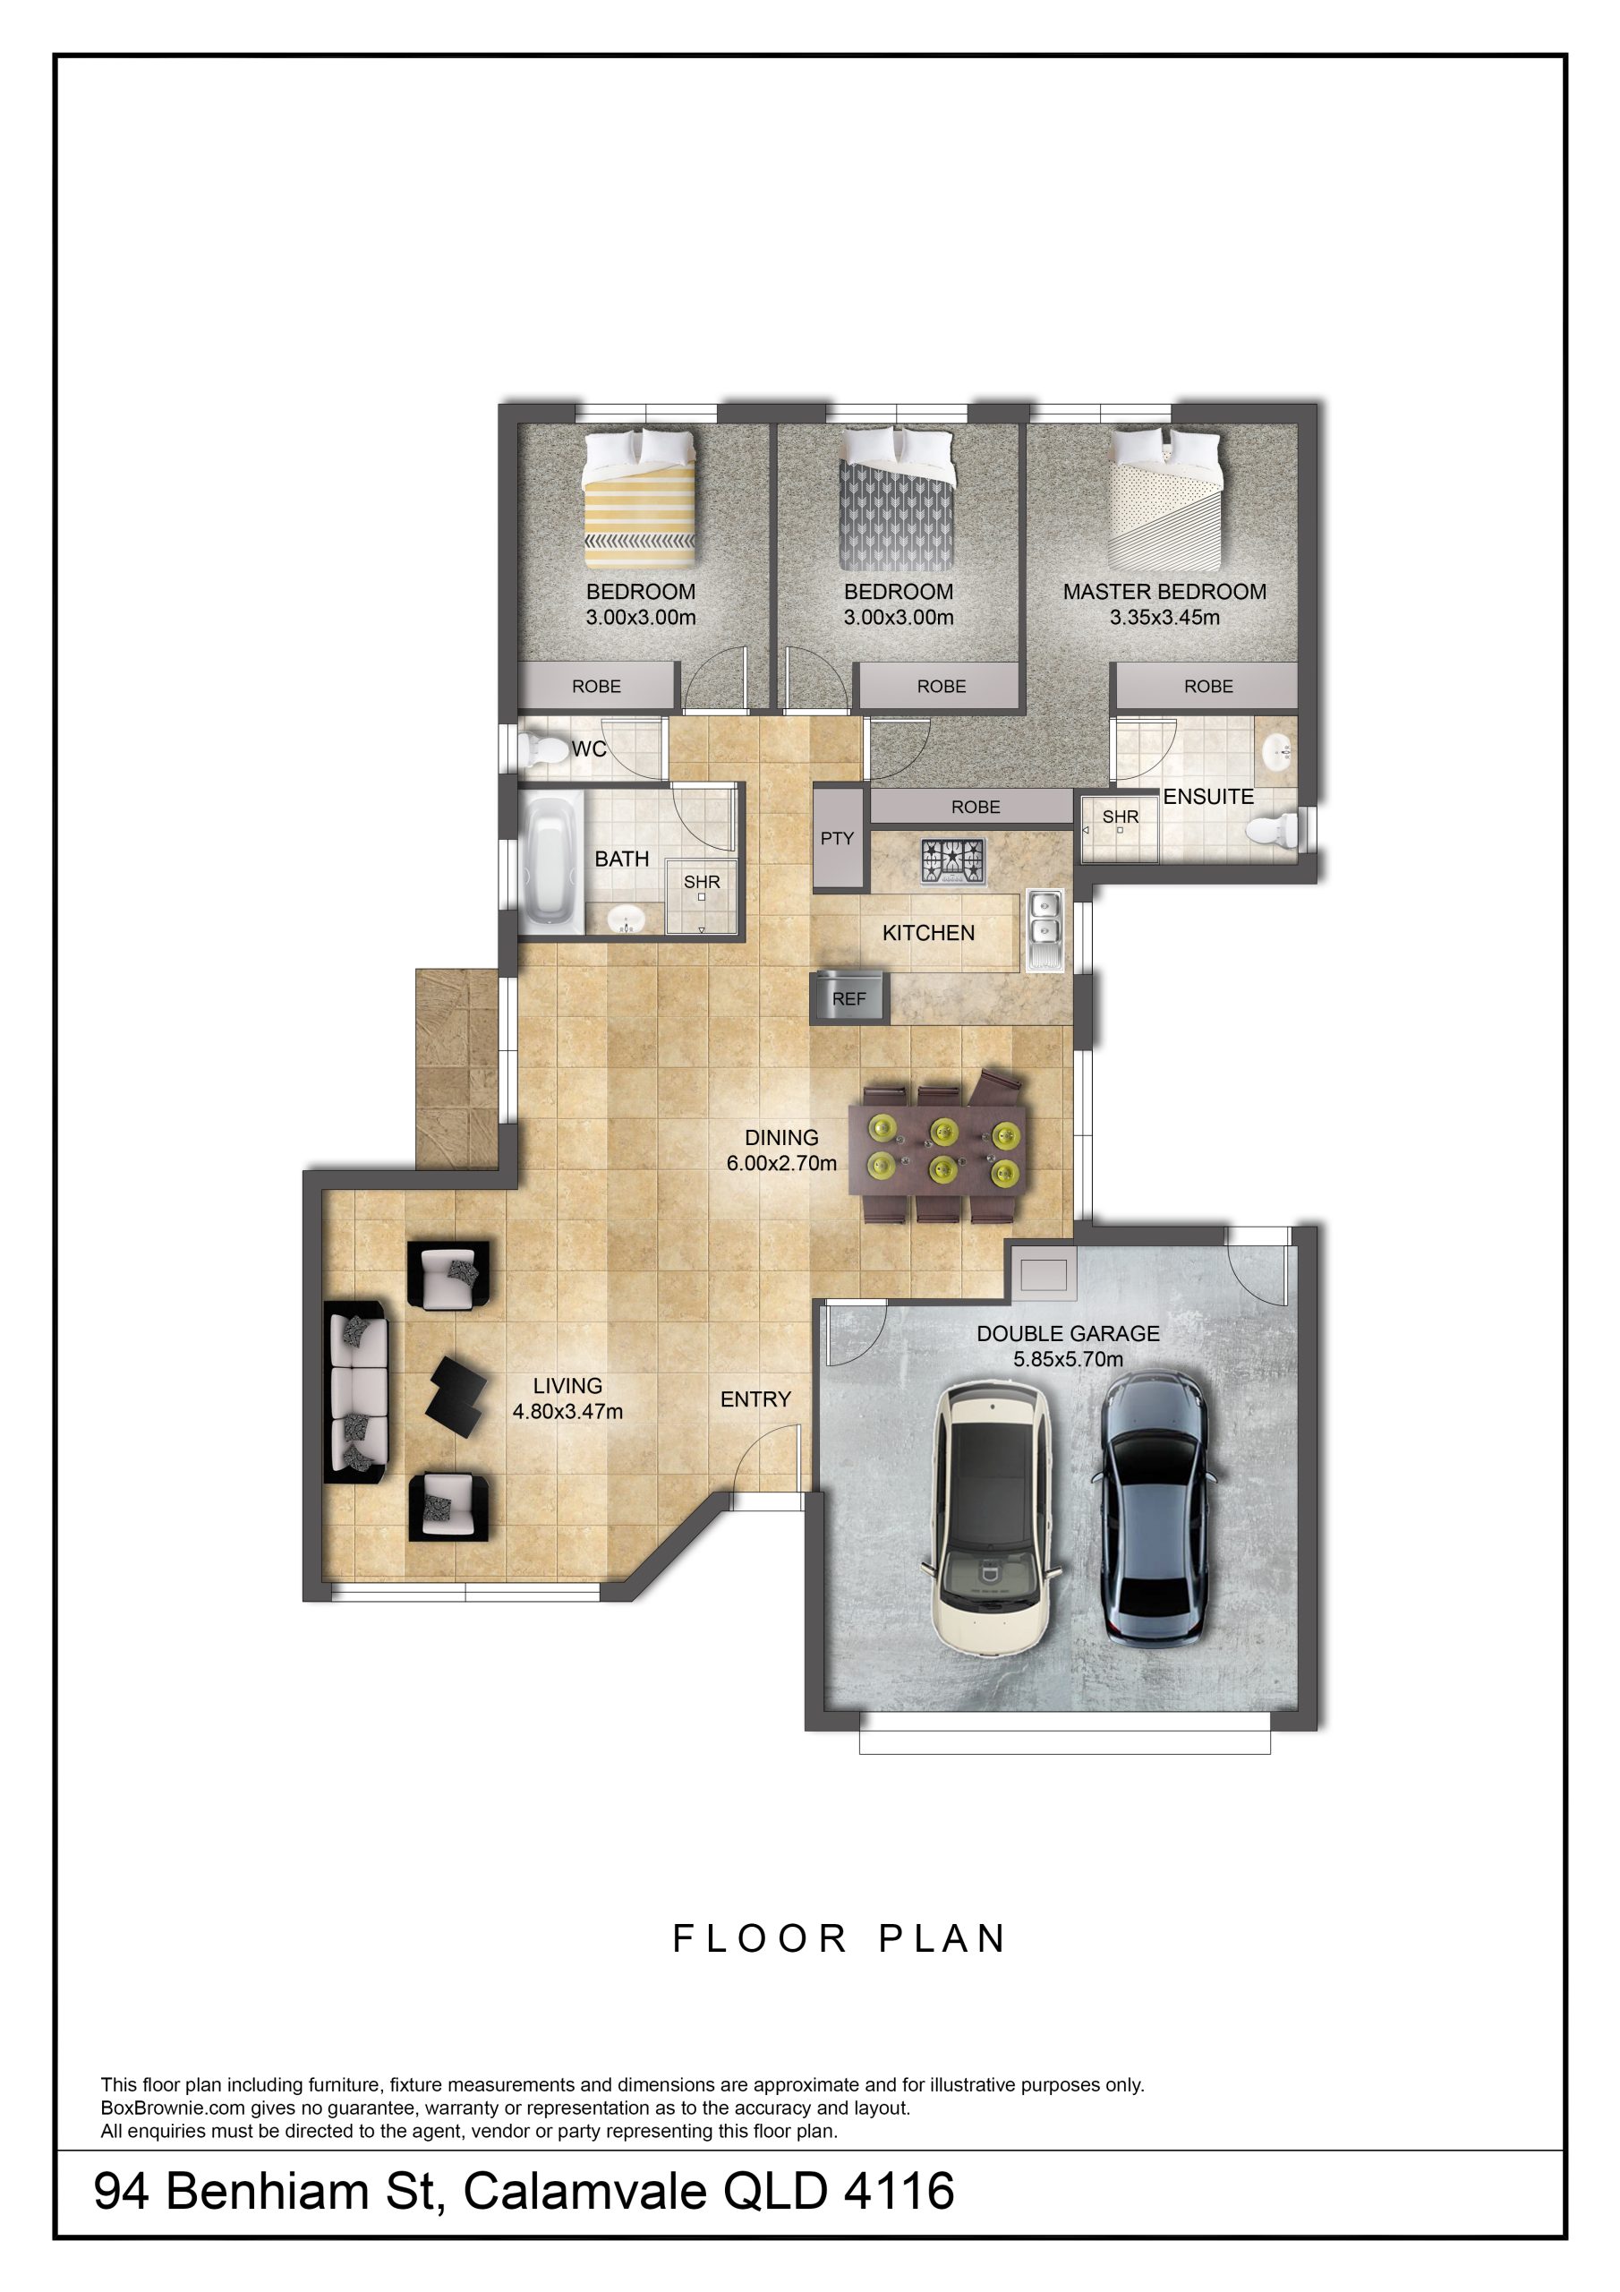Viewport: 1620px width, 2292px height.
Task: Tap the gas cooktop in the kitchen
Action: pyautogui.click(x=953, y=861)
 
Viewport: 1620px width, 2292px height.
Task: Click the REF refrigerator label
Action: pyautogui.click(x=848, y=998)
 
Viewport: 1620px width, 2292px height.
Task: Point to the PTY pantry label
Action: pyautogui.click(x=837, y=839)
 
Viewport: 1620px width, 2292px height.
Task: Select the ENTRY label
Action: pyautogui.click(x=755, y=1399)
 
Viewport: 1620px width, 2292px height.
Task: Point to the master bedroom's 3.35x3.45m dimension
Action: pyautogui.click(x=1164, y=617)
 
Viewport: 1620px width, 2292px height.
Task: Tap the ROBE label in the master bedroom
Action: pyautogui.click(x=1209, y=686)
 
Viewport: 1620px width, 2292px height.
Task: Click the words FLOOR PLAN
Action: pyautogui.click(x=840, y=1938)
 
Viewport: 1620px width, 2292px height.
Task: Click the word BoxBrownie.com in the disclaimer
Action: pyautogui.click(x=174, y=2108)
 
